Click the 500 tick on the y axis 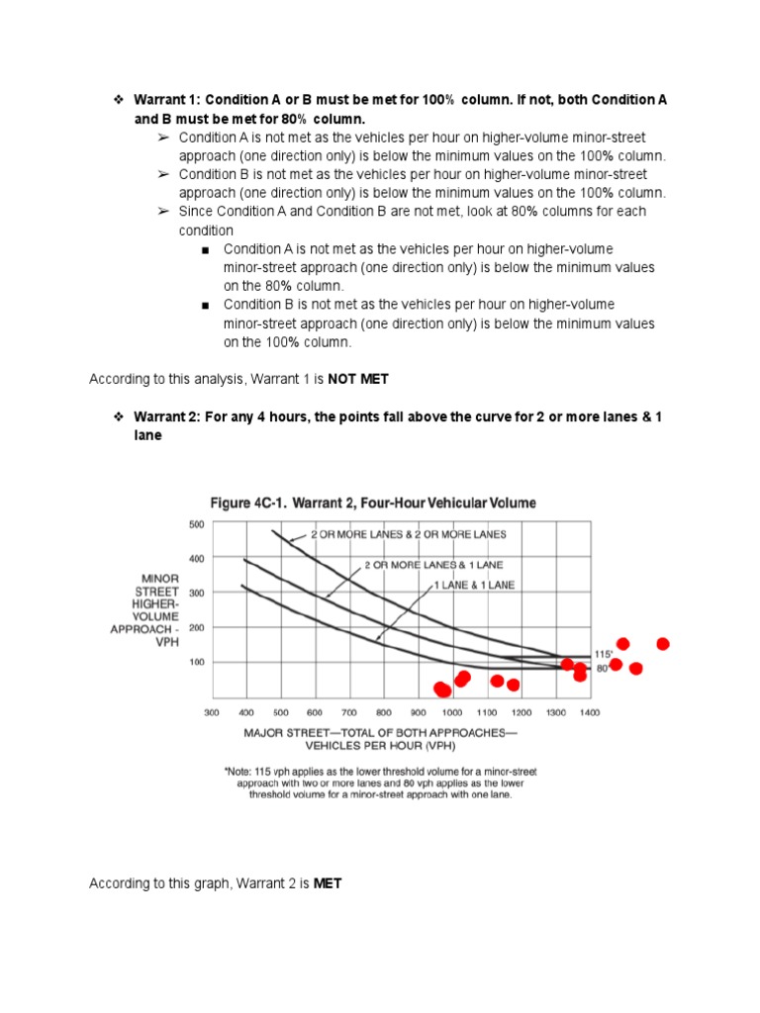click(x=196, y=523)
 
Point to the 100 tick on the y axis click(x=196, y=662)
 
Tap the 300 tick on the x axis click(x=212, y=711)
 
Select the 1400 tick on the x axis click(x=590, y=711)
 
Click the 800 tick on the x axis click(x=383, y=711)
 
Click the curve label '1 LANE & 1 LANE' click(x=474, y=585)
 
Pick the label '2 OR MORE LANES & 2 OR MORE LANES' click(x=408, y=534)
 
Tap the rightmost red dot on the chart click(x=663, y=644)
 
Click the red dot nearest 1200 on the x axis click(x=513, y=685)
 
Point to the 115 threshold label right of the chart click(x=603, y=654)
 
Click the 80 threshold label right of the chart click(x=601, y=669)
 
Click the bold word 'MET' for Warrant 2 click(x=328, y=883)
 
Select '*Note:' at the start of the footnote click(x=241, y=770)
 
